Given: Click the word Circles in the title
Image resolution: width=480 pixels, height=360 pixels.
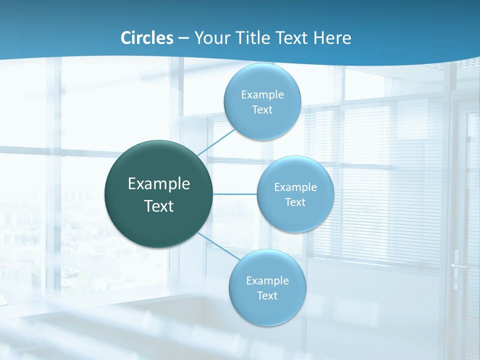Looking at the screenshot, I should click(146, 38).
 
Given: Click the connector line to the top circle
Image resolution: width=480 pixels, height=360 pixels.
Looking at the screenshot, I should click(216, 142).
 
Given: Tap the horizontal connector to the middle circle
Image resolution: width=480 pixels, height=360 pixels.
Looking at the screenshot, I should click(234, 193).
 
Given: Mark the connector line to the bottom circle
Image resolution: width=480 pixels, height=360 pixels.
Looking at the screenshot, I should click(218, 245).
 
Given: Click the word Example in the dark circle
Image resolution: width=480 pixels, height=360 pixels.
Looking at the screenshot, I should click(159, 184).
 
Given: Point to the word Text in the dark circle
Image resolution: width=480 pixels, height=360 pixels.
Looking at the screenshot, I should click(159, 206).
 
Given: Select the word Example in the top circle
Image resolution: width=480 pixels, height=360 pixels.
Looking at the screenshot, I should click(262, 95).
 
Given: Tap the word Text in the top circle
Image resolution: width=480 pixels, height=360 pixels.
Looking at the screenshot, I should click(262, 110).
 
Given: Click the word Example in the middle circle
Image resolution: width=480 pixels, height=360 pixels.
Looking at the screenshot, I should click(295, 187).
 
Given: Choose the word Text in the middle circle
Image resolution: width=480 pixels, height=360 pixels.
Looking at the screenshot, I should click(295, 202).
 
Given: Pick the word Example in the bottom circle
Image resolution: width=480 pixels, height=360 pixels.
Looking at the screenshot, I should click(267, 281).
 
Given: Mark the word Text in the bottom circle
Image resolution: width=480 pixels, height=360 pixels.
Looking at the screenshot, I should click(267, 296).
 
